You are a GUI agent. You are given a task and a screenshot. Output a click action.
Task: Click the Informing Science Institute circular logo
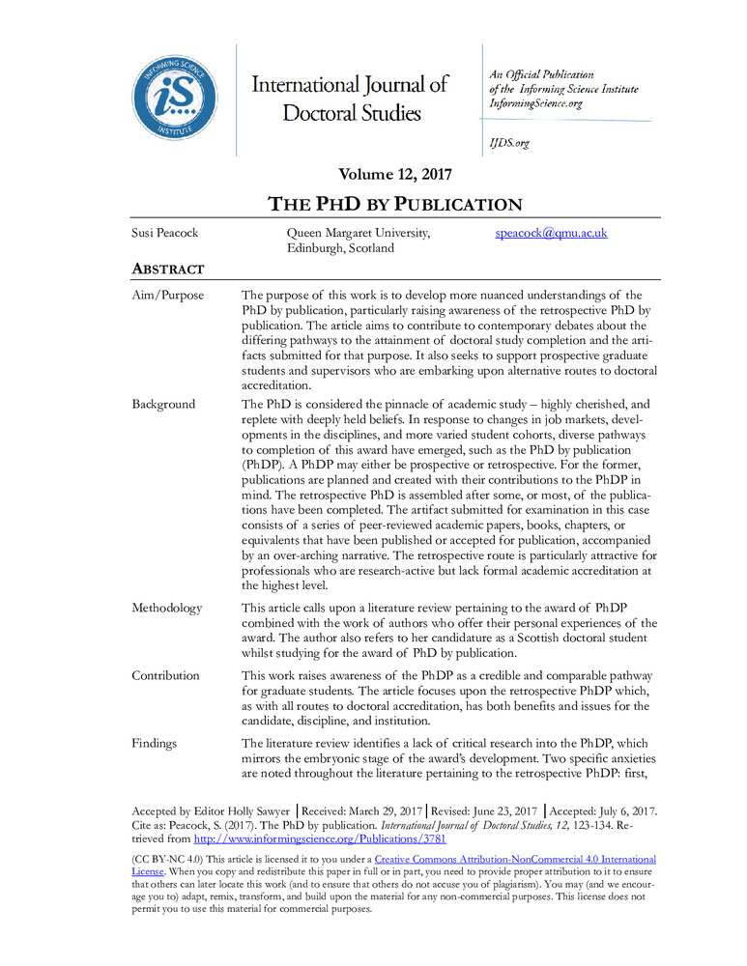tap(175, 97)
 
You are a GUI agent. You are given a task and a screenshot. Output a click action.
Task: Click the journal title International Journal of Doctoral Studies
tap(351, 99)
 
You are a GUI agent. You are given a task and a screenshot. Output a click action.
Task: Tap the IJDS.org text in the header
tap(509, 143)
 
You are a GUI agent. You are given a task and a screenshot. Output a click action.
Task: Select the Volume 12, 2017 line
tap(395, 175)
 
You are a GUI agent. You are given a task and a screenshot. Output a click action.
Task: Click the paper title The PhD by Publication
tap(394, 204)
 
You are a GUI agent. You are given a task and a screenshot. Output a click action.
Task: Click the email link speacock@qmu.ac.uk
tap(551, 234)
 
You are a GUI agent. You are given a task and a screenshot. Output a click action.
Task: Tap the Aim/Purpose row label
tap(168, 296)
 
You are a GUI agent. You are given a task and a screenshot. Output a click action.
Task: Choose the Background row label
tap(163, 405)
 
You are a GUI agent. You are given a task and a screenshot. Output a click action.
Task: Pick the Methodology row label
tap(167, 609)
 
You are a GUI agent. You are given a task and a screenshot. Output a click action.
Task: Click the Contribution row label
tap(166, 676)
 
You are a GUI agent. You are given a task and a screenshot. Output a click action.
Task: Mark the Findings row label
tap(157, 744)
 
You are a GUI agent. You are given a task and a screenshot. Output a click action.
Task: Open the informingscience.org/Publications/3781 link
tap(320, 839)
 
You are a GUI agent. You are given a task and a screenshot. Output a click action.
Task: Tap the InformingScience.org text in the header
tap(536, 103)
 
